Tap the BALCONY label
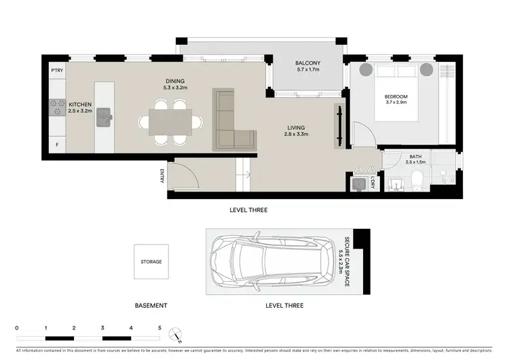[x=308, y=63]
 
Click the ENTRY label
[x=162, y=176]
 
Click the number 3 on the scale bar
[x=102, y=327]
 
